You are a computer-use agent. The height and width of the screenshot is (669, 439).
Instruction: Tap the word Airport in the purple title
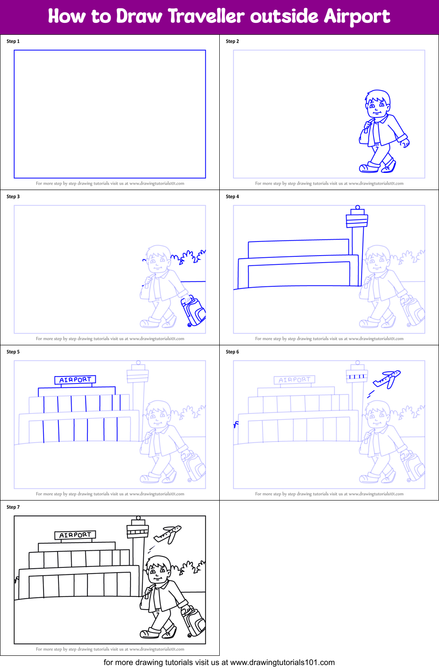click(x=356, y=17)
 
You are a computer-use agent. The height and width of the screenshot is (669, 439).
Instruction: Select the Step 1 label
click(x=13, y=41)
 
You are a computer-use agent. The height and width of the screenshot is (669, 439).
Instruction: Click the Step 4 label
click(x=232, y=197)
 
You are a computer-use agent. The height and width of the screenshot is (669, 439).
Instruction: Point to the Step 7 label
click(x=13, y=507)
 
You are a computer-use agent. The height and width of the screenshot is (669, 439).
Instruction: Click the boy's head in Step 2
click(x=377, y=102)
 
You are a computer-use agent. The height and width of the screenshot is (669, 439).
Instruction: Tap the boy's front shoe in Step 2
click(x=369, y=167)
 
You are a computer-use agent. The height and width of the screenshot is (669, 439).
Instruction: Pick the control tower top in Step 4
click(x=357, y=218)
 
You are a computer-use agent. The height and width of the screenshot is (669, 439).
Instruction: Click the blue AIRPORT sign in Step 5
click(x=75, y=380)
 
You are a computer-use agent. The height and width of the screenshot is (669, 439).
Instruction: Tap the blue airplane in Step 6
click(x=387, y=378)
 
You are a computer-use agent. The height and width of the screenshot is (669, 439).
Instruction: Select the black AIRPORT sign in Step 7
click(x=75, y=535)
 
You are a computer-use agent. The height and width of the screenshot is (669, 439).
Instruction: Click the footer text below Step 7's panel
click(x=110, y=649)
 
